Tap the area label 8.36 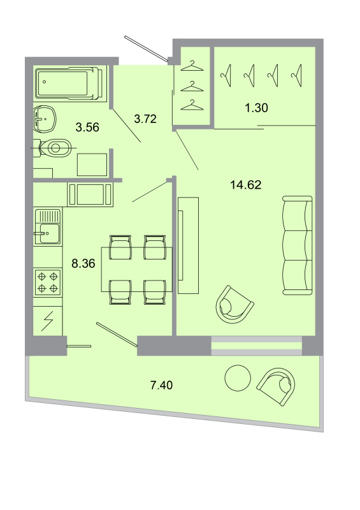click(83, 263)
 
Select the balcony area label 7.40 click(161, 384)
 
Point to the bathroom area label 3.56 click(87, 127)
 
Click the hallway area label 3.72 click(145, 117)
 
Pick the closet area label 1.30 click(256, 108)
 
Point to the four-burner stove click(48, 282)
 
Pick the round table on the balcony click(238, 379)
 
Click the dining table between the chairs click(136, 269)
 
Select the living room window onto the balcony click(256, 346)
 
